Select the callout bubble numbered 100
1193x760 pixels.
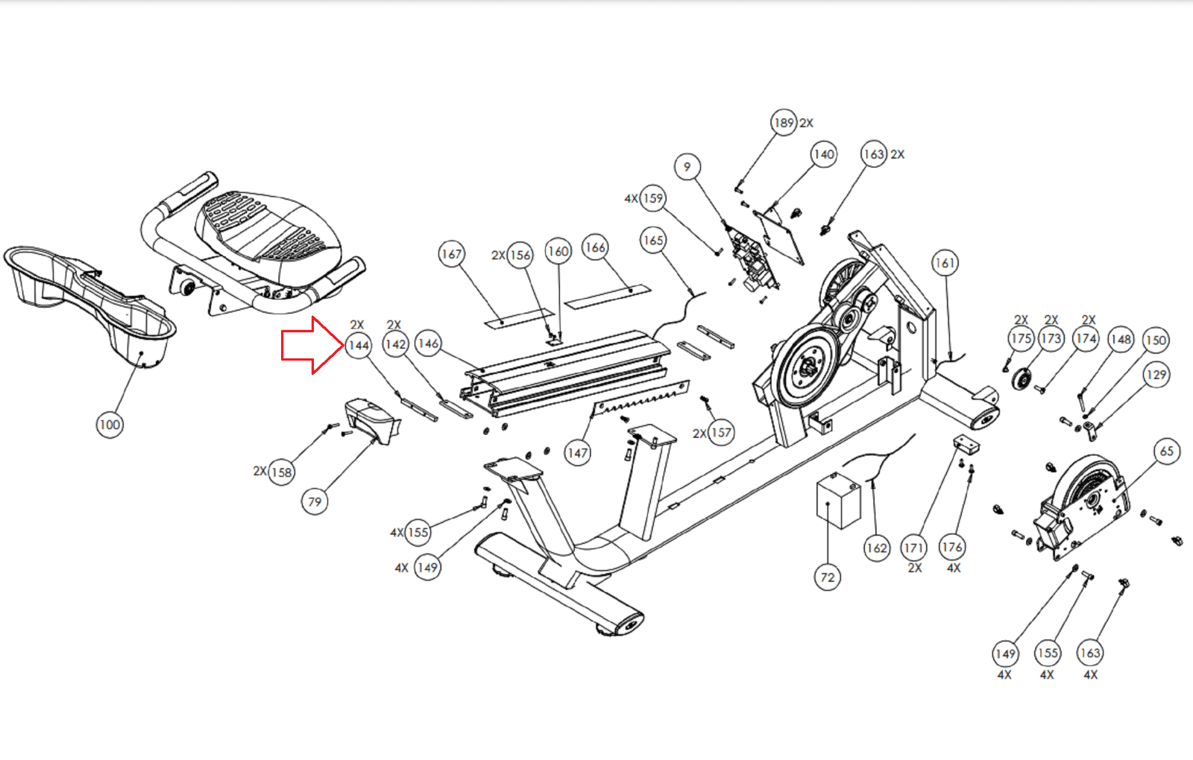click(x=110, y=425)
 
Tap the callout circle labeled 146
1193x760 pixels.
click(x=428, y=343)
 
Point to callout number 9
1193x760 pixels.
click(x=687, y=166)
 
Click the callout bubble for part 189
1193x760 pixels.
click(x=784, y=123)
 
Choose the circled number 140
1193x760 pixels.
click(x=824, y=154)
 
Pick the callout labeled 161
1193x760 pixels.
click(x=945, y=263)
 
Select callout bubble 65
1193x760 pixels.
click(x=1167, y=451)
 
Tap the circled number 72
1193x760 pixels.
click(x=828, y=577)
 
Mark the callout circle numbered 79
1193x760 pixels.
click(x=315, y=501)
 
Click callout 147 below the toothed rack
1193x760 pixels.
click(x=577, y=452)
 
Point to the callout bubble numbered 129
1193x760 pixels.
click(x=1156, y=375)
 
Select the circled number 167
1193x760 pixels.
click(x=452, y=254)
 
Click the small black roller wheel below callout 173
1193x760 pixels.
click(x=1022, y=379)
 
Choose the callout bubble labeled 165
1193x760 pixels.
click(x=653, y=241)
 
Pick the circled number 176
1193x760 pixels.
click(x=952, y=547)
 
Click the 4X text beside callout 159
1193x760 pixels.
click(x=631, y=198)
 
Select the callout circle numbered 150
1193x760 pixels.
click(x=1156, y=341)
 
